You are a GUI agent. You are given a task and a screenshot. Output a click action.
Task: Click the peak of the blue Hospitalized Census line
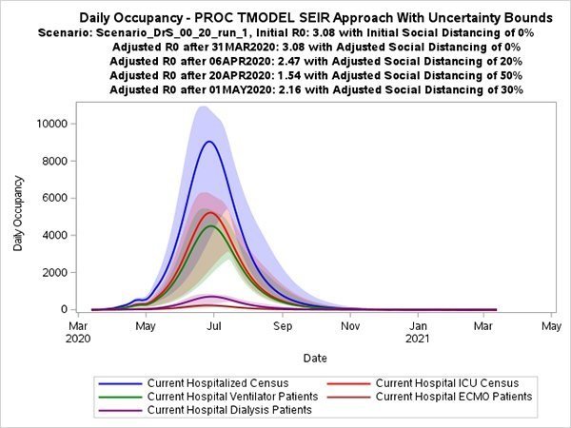pyautogui.click(x=209, y=142)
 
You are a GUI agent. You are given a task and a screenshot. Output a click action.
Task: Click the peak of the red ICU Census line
pyautogui.click(x=210, y=212)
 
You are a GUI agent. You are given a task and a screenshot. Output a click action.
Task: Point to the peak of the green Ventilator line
pyautogui.click(x=211, y=226)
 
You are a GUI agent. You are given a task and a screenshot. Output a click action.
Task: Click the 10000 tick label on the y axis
pyautogui.click(x=52, y=124)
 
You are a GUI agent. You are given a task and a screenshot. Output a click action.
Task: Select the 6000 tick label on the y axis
pyautogui.click(x=55, y=198)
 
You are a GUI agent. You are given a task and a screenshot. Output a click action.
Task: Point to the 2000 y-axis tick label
pyautogui.click(x=55, y=272)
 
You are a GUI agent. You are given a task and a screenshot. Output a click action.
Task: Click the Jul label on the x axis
pyautogui.click(x=214, y=326)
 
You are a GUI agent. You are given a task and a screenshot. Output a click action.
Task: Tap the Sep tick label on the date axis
pyautogui.click(x=283, y=326)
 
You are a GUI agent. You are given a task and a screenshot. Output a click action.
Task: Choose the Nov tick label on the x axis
pyautogui.click(x=350, y=326)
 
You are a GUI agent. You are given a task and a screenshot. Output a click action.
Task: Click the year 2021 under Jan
pyautogui.click(x=418, y=339)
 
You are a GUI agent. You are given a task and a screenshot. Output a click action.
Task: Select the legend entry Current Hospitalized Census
pyautogui.click(x=193, y=383)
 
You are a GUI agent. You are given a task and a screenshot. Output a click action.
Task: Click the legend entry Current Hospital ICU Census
pyautogui.click(x=423, y=383)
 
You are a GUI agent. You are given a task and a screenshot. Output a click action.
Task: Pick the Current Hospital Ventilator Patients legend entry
pyautogui.click(x=208, y=397)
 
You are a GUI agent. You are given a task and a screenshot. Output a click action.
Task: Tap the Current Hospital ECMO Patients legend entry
pyautogui.click(x=430, y=397)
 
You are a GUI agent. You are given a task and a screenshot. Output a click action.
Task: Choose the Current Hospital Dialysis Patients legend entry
pyautogui.click(x=206, y=410)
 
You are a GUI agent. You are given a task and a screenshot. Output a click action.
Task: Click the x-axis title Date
pyautogui.click(x=315, y=359)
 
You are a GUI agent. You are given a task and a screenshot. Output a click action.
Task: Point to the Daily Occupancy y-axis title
pyautogui.click(x=18, y=213)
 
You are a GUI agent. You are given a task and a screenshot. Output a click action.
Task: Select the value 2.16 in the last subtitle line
pyautogui.click(x=289, y=89)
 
